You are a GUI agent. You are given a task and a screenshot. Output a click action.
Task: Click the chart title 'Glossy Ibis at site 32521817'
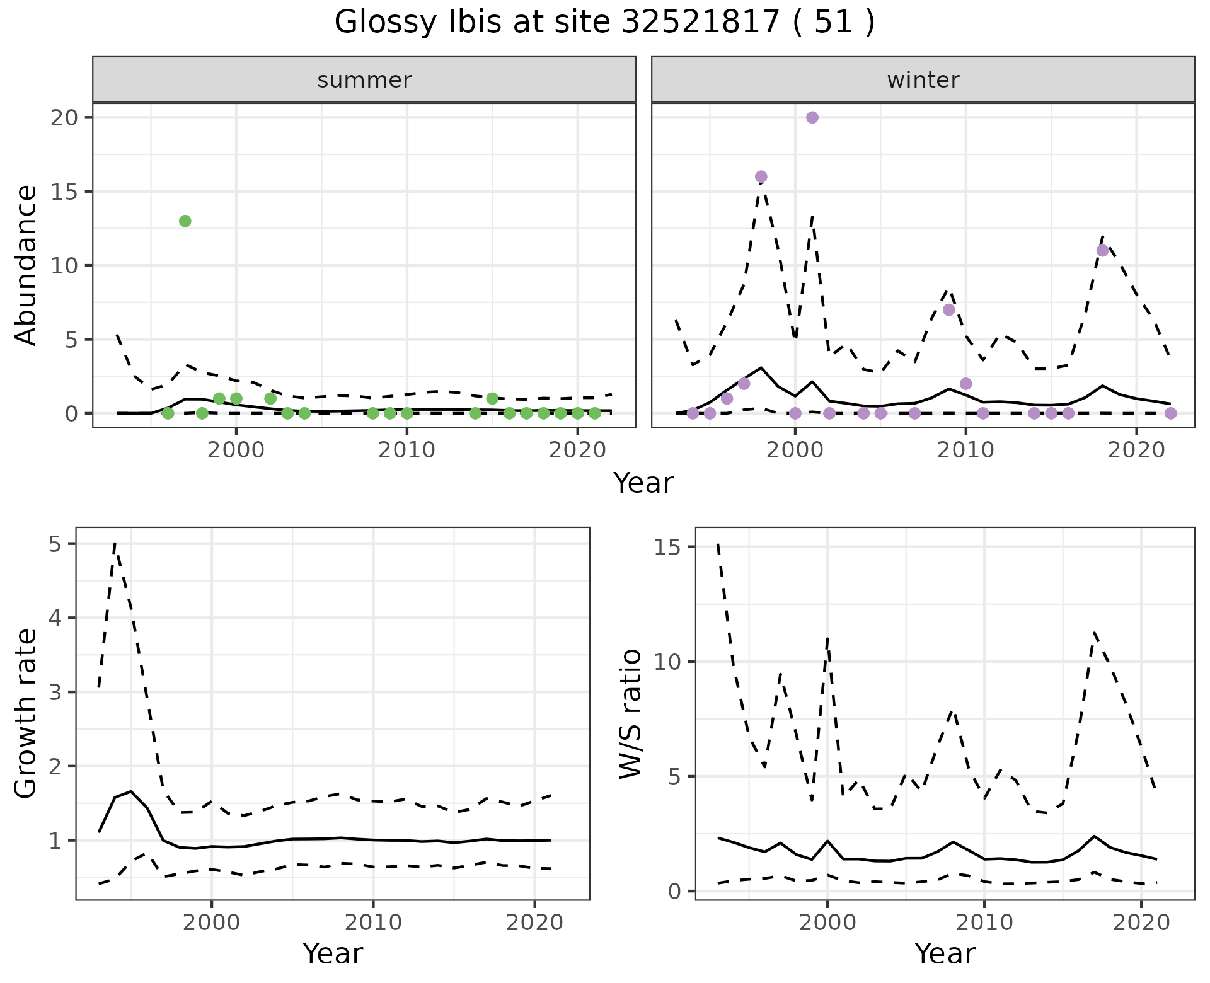tap(604, 23)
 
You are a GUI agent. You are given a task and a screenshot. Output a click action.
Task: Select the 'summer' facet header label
tap(364, 80)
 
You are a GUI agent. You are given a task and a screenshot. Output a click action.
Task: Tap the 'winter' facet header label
tap(923, 80)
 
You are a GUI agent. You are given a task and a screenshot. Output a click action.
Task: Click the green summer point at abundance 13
tap(185, 221)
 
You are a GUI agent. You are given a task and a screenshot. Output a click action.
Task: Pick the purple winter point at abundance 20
tap(812, 117)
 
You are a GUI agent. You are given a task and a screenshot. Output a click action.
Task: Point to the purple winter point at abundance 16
tap(761, 176)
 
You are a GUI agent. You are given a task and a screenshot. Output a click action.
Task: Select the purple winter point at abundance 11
tap(1102, 250)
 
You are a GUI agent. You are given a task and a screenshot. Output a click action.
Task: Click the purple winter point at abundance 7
tap(948, 309)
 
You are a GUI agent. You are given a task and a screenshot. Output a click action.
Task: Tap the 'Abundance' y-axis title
tap(26, 265)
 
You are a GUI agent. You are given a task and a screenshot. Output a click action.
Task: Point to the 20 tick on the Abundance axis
tap(62, 118)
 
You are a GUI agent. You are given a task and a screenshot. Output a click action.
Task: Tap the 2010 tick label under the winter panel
tap(965, 450)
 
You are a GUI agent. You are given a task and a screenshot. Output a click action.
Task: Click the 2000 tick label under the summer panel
tap(236, 450)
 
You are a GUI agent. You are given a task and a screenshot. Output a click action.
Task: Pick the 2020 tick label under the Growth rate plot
tap(534, 923)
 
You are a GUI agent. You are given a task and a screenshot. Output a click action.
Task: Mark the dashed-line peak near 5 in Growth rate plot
tap(115, 543)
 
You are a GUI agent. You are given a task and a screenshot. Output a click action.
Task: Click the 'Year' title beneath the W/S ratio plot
tap(945, 954)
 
